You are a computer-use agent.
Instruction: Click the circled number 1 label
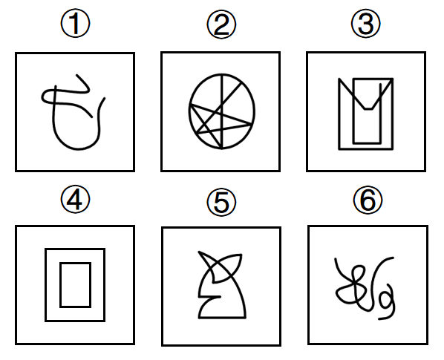click(75, 24)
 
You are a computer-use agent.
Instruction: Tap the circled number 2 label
click(221, 24)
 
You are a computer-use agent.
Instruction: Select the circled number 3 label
click(366, 24)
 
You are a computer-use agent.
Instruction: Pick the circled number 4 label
click(75, 199)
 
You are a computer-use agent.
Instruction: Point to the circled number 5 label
click(221, 202)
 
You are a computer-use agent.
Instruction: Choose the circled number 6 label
click(368, 200)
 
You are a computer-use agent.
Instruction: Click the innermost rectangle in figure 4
click(60, 285)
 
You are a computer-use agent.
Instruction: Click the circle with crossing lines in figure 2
click(189, 111)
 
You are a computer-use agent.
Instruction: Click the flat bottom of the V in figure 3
click(368, 108)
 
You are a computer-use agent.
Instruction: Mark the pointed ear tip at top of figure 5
click(199, 252)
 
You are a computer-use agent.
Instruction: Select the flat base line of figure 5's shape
click(222, 318)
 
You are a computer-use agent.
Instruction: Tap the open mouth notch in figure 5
click(209, 297)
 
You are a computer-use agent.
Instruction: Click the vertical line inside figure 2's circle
click(222, 111)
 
